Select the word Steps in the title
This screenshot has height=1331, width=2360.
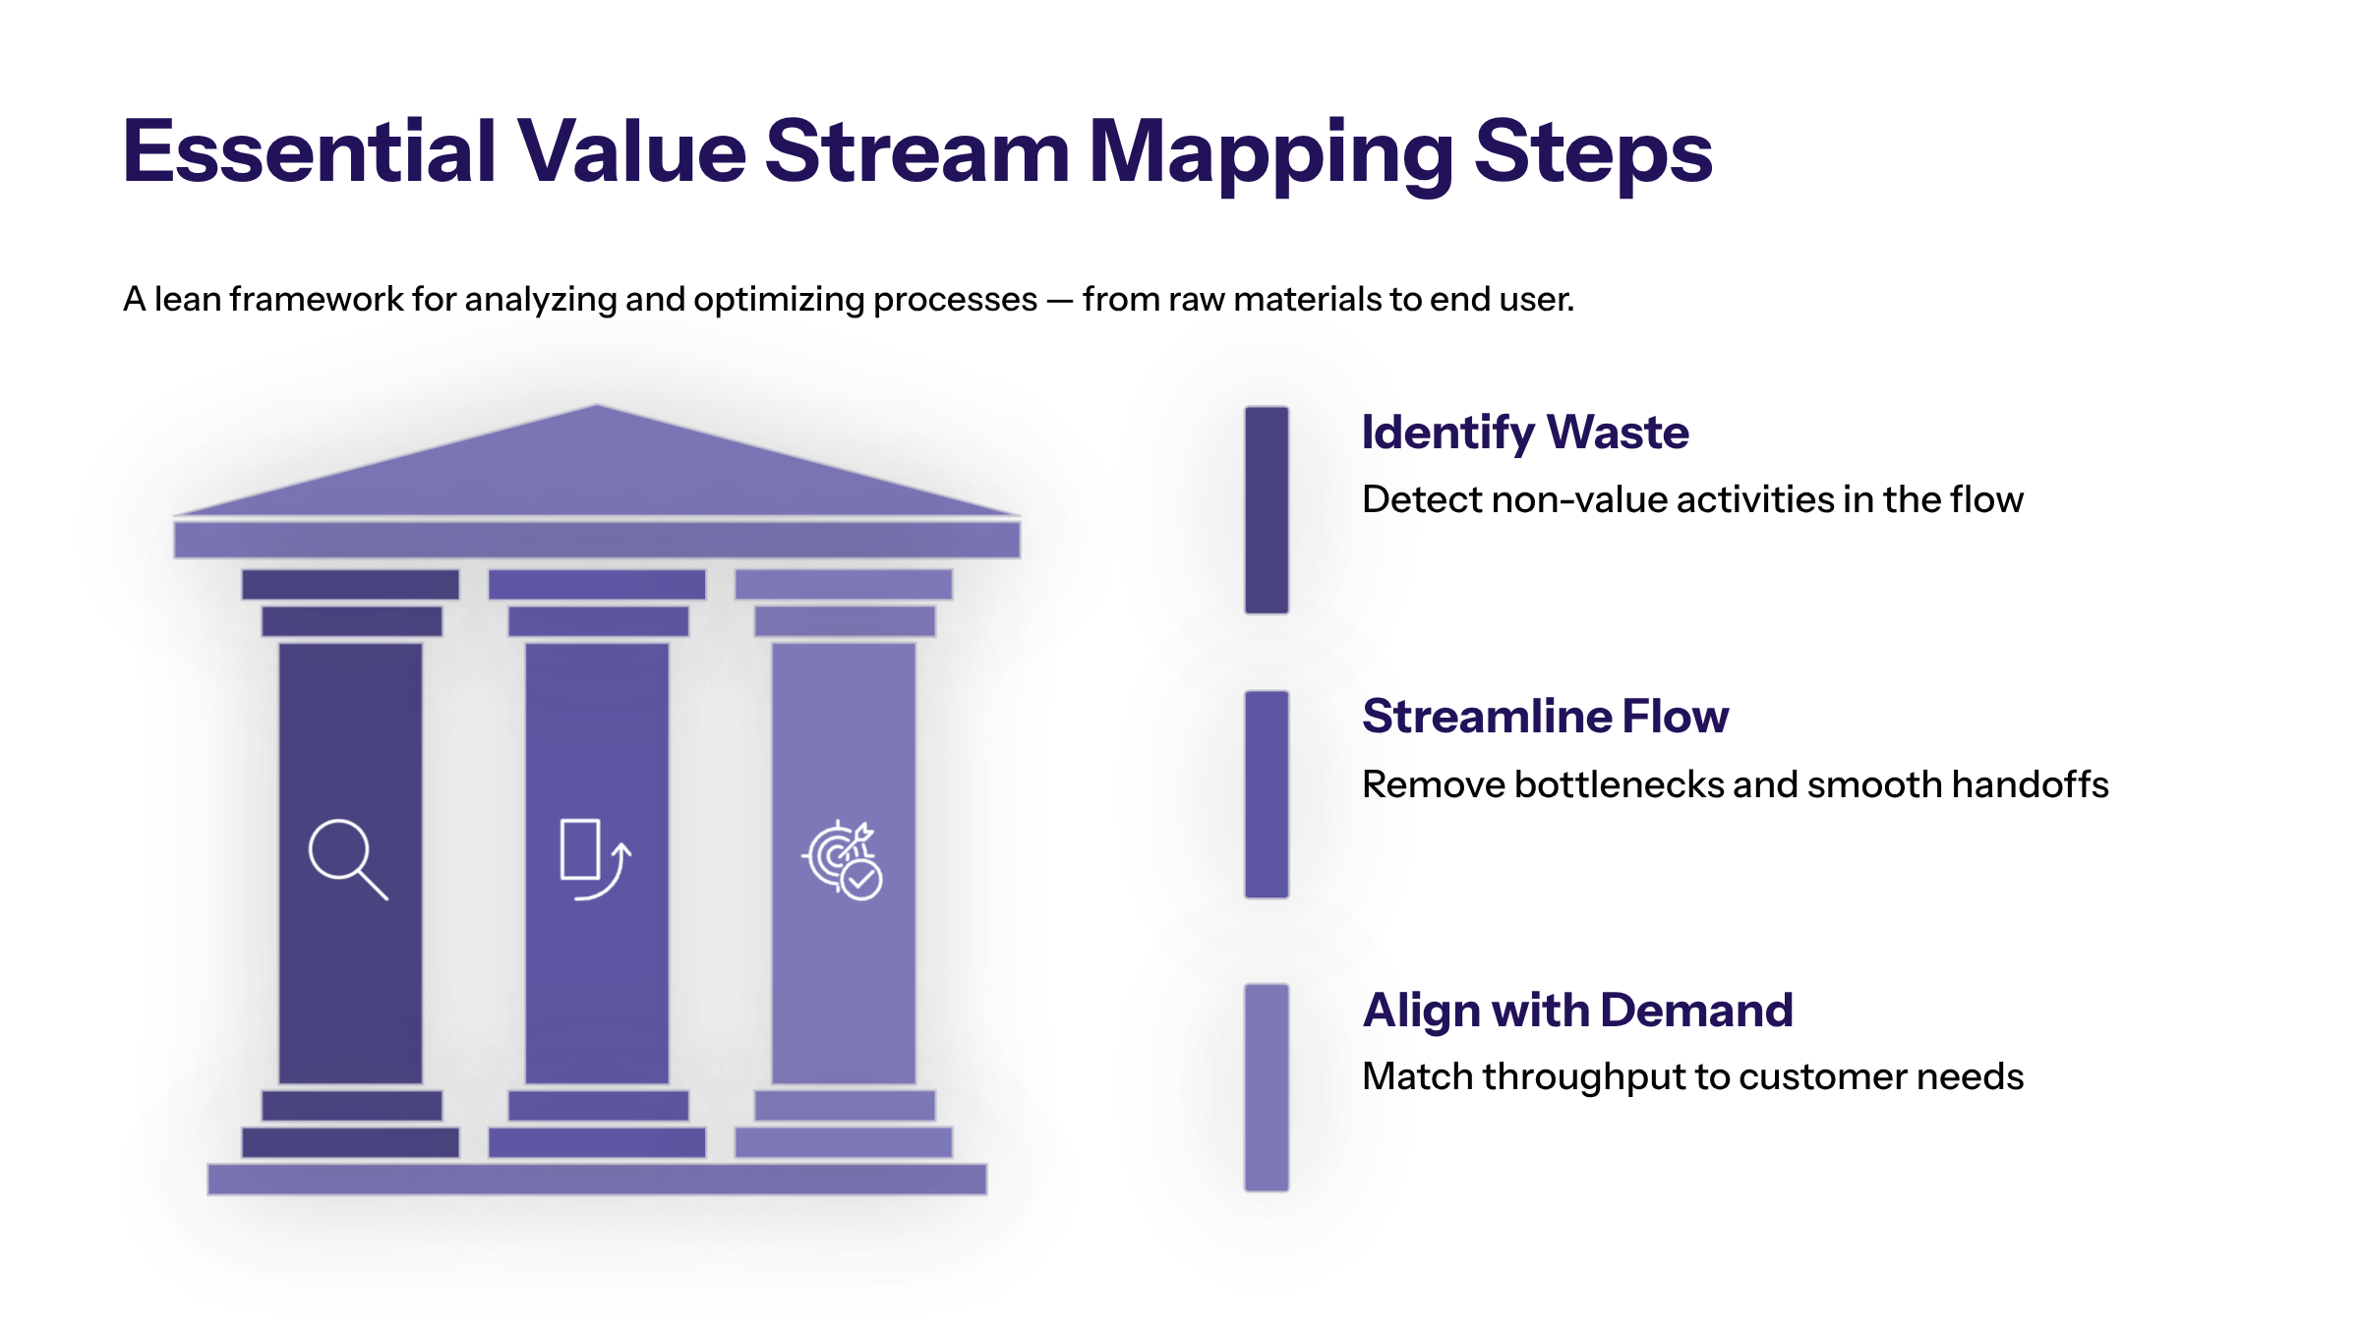point(1593,152)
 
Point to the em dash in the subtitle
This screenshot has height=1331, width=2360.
point(1059,300)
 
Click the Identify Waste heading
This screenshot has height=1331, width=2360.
point(1524,433)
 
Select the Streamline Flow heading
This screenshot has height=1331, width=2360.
point(1545,716)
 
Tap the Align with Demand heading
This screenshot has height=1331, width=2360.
point(1577,1011)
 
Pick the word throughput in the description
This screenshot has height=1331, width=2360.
point(1583,1077)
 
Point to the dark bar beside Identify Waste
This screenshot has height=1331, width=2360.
point(1267,510)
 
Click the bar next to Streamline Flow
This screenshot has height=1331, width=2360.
point(1267,794)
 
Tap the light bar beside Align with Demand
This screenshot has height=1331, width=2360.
point(1267,1087)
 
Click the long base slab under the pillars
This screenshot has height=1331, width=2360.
point(597,1179)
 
